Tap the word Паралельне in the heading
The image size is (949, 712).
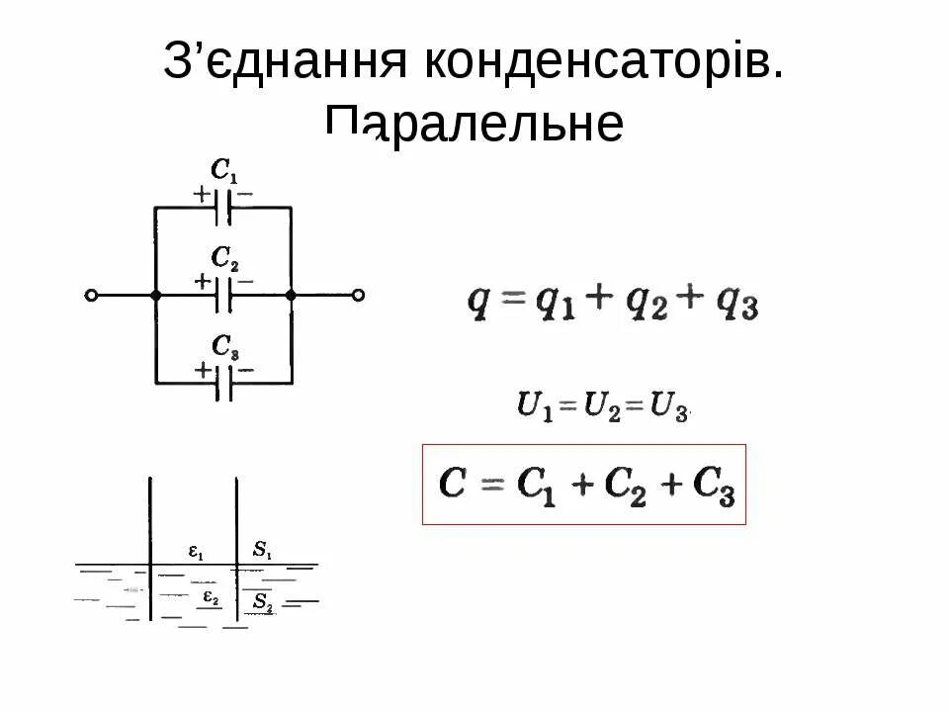(474, 125)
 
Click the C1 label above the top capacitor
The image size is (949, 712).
(224, 170)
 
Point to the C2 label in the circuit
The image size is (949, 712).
(224, 259)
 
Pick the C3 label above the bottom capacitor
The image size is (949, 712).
(224, 346)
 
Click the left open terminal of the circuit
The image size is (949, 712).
(91, 295)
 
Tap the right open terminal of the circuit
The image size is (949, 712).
(359, 295)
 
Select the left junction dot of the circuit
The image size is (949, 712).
(155, 295)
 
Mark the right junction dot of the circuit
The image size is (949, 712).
(291, 295)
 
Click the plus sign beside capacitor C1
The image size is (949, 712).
(202, 194)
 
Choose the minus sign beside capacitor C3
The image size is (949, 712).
(246, 369)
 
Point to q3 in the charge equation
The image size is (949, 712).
(739, 304)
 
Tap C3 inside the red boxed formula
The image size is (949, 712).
(714, 486)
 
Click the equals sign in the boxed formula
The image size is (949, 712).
(492, 486)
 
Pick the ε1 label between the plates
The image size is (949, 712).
(196, 553)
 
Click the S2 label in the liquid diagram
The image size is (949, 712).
(262, 601)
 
